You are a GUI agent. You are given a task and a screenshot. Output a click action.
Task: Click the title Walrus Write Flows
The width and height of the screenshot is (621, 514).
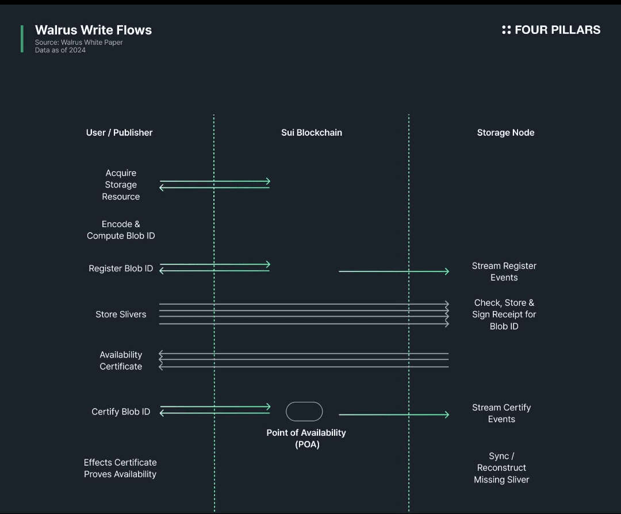(x=93, y=30)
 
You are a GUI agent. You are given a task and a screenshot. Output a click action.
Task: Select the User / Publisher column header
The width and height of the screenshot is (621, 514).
(x=119, y=132)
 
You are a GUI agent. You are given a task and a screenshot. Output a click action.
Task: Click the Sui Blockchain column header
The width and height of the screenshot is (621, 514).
(x=311, y=132)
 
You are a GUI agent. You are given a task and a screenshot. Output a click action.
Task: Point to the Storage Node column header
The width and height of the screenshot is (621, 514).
(x=505, y=132)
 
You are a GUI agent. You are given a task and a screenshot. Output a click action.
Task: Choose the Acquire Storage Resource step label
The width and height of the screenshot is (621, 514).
(x=121, y=185)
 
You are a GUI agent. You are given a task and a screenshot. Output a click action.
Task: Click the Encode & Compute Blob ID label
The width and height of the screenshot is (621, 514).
(x=121, y=230)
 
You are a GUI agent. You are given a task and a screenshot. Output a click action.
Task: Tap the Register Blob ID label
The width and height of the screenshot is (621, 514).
(x=121, y=268)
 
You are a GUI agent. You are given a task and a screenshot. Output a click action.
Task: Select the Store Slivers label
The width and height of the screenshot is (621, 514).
(x=121, y=314)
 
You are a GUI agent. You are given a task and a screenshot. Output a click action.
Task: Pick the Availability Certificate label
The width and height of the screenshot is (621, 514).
(x=121, y=360)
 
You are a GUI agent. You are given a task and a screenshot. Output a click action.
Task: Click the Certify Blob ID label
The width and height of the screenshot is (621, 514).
(x=121, y=412)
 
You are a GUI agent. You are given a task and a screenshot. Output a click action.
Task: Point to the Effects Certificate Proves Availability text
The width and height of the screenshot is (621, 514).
(x=120, y=468)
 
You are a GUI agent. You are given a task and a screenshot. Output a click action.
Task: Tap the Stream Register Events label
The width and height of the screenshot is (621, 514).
(x=504, y=271)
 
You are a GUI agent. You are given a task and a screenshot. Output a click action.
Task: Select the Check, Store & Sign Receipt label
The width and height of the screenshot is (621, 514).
(x=504, y=314)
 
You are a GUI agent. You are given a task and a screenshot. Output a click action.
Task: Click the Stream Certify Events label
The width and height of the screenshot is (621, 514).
(x=501, y=413)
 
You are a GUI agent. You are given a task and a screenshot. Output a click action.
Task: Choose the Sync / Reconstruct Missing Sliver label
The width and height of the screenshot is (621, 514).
(x=501, y=467)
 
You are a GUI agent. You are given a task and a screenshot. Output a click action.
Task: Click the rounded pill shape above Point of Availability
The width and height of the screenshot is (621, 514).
(x=304, y=412)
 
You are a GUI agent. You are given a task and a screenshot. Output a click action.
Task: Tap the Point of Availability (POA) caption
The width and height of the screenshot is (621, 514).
(x=306, y=438)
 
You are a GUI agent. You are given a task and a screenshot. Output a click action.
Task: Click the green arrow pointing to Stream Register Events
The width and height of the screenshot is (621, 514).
(x=394, y=271)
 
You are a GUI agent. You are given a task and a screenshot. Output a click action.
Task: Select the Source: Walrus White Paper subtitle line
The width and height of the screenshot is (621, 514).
(x=79, y=42)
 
